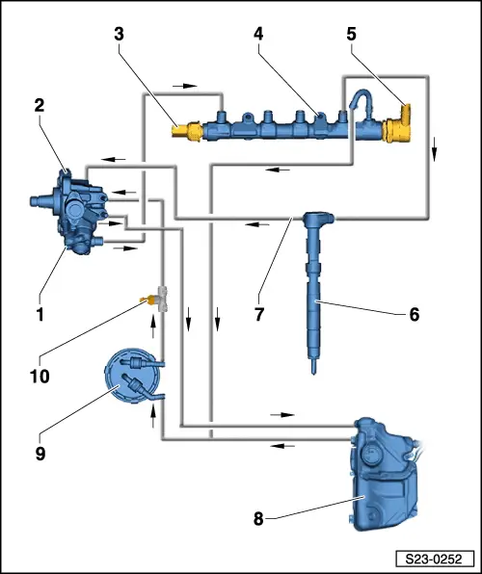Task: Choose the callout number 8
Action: (x=259, y=519)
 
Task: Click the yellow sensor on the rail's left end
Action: (x=184, y=127)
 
